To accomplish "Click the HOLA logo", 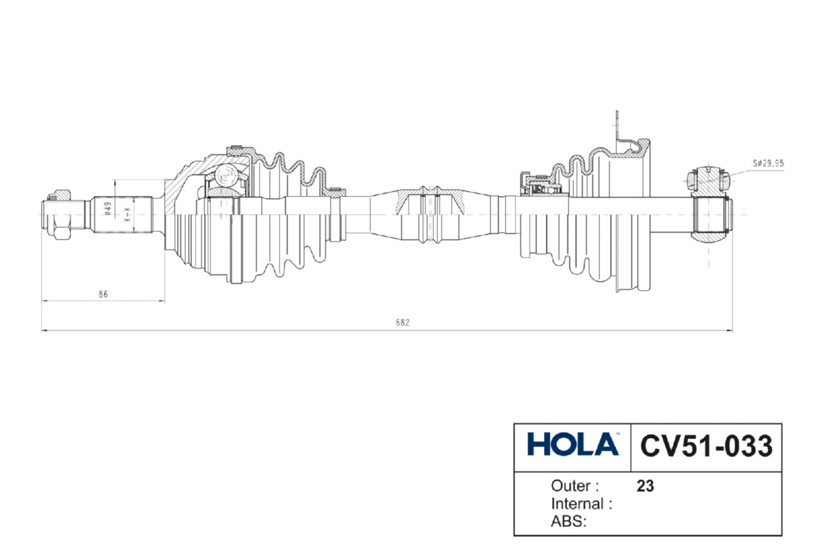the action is (573, 444).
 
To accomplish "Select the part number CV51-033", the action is (706, 446).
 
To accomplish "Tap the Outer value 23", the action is (645, 486).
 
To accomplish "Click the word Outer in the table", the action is (571, 486).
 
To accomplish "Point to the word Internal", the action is (577, 504).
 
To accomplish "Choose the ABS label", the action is (569, 521).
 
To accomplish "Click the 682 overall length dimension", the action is (402, 322).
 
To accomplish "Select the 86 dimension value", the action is (103, 294).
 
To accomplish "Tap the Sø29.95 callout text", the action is (768, 163).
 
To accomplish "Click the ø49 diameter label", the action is (108, 208).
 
